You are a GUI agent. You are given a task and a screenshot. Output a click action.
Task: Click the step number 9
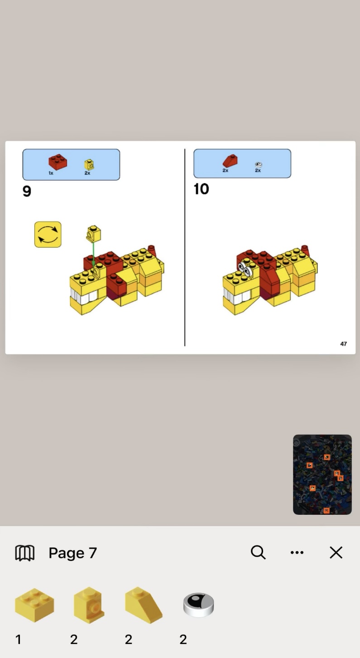pyautogui.click(x=27, y=191)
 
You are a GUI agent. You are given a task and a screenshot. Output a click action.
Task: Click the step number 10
pyautogui.click(x=201, y=189)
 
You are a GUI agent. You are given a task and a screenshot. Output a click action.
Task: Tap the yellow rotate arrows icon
pyautogui.click(x=48, y=234)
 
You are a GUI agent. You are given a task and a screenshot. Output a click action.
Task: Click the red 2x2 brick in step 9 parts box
pyautogui.click(x=58, y=162)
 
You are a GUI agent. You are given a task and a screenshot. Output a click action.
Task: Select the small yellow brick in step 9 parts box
pyautogui.click(x=89, y=164)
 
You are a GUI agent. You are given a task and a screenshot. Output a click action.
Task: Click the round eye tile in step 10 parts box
pyautogui.click(x=258, y=164)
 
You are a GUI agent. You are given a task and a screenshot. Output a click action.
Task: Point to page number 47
pyautogui.click(x=343, y=344)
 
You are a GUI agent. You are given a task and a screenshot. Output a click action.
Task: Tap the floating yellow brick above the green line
pyautogui.click(x=93, y=233)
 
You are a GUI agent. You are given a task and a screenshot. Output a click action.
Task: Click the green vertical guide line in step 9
pyautogui.click(x=93, y=254)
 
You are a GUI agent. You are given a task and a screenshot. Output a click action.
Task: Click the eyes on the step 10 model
pyautogui.click(x=245, y=269)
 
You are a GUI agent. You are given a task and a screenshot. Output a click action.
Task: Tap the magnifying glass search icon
pyautogui.click(x=258, y=552)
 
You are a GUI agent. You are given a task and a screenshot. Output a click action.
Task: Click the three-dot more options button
pyautogui.click(x=297, y=552)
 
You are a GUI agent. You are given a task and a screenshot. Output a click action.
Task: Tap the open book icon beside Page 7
pyautogui.click(x=25, y=553)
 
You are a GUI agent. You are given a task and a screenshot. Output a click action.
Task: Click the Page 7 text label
pyautogui.click(x=72, y=553)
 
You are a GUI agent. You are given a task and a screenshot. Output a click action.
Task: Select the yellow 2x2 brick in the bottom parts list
pyautogui.click(x=34, y=605)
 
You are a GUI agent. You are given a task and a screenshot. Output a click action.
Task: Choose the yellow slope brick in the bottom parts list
pyautogui.click(x=144, y=605)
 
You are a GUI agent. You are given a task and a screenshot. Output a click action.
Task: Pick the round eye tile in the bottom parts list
pyautogui.click(x=198, y=605)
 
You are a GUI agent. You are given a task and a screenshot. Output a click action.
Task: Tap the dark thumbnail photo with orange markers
pyautogui.click(x=322, y=474)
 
